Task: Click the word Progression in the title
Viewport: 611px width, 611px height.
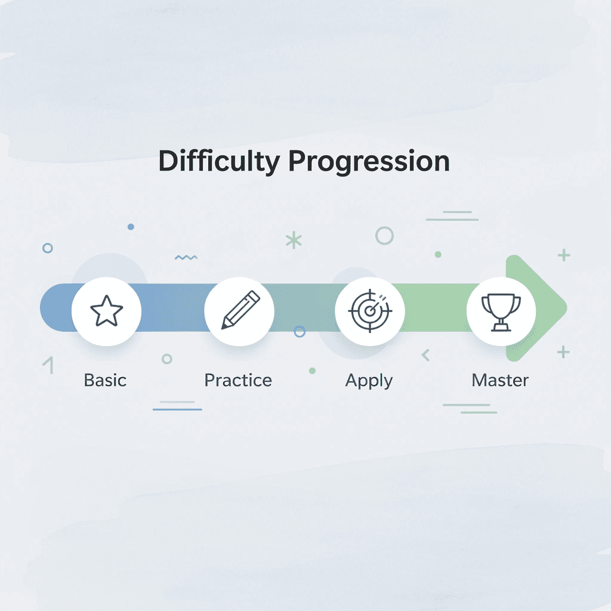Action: pyautogui.click(x=370, y=162)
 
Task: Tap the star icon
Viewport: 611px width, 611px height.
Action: pyautogui.click(x=106, y=310)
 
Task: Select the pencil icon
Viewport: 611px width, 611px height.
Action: pyautogui.click(x=240, y=310)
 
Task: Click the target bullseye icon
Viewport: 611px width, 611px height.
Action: pyautogui.click(x=370, y=310)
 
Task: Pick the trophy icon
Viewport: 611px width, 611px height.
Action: pyautogui.click(x=501, y=310)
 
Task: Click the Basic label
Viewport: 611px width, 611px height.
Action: pyautogui.click(x=105, y=380)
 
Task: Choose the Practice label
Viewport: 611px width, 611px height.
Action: pyautogui.click(x=238, y=380)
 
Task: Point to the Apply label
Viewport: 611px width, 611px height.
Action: pyautogui.click(x=369, y=381)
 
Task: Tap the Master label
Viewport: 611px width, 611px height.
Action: pyautogui.click(x=500, y=380)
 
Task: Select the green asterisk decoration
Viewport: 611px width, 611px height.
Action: pyautogui.click(x=294, y=240)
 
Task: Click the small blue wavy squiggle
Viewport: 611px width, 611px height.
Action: pyautogui.click(x=186, y=257)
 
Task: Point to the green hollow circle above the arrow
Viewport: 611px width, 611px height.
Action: pyautogui.click(x=384, y=236)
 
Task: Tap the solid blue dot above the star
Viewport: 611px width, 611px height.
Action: pyautogui.click(x=131, y=227)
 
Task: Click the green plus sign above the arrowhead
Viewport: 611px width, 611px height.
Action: pyautogui.click(x=563, y=255)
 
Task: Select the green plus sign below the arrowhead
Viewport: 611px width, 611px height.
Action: pyautogui.click(x=563, y=351)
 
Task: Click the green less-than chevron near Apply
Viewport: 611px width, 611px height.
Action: pyautogui.click(x=425, y=355)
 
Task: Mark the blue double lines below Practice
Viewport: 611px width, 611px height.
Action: pyautogui.click(x=177, y=406)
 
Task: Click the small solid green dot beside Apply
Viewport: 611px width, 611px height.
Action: pyautogui.click(x=312, y=371)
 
